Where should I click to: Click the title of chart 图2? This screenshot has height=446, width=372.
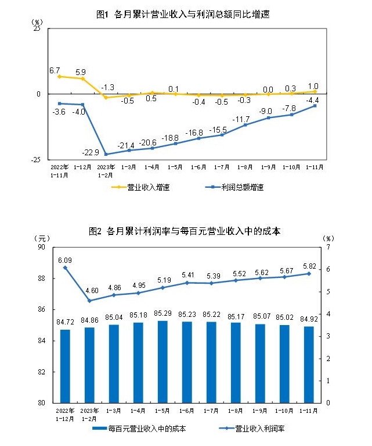coord(185,231)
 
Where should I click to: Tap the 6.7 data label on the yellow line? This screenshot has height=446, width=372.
coord(55,70)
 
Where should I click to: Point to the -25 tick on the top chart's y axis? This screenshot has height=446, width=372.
coord(35,159)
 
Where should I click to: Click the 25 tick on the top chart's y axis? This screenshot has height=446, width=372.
coord(37,28)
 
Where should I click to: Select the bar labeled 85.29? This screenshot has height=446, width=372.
coord(162,361)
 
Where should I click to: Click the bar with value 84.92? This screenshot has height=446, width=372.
coord(309,364)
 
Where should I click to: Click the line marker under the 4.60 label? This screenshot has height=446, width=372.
coord(89,301)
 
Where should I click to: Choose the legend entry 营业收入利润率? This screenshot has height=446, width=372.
coord(259,429)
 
